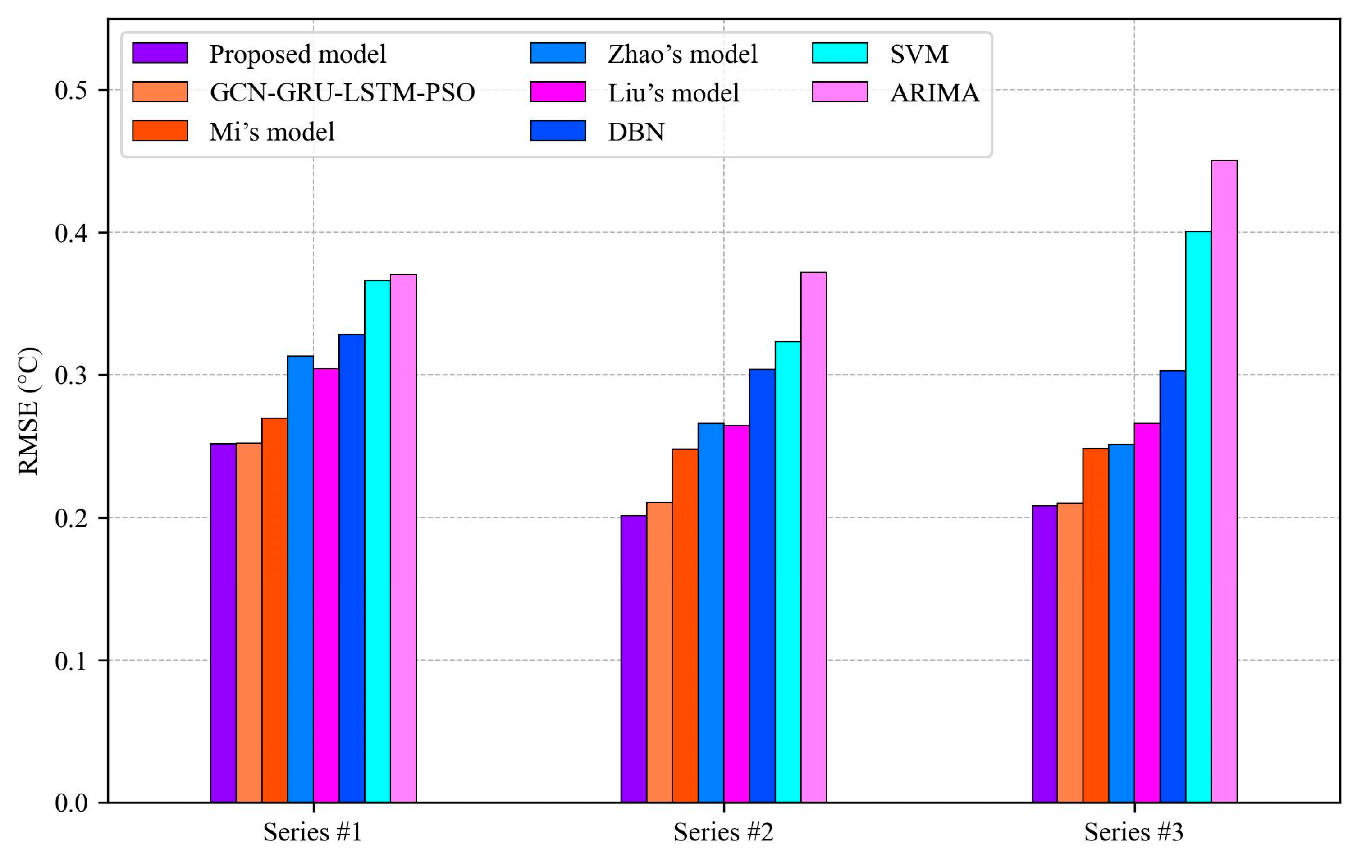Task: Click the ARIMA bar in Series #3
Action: (x=1224, y=482)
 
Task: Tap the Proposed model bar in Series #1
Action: (x=223, y=623)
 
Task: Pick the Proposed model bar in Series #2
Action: (x=633, y=659)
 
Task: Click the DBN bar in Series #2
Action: (x=762, y=586)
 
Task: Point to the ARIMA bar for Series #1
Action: (x=403, y=538)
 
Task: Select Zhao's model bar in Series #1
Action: (x=300, y=579)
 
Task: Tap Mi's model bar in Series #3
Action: (x=1096, y=625)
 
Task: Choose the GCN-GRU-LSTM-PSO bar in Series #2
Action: (x=659, y=652)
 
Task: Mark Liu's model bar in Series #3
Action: (x=1147, y=613)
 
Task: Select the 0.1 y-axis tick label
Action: (x=71, y=661)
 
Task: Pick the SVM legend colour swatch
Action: (x=840, y=53)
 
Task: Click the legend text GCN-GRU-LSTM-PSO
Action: (x=342, y=92)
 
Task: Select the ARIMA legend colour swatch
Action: (x=840, y=92)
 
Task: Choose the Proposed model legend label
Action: (x=297, y=54)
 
